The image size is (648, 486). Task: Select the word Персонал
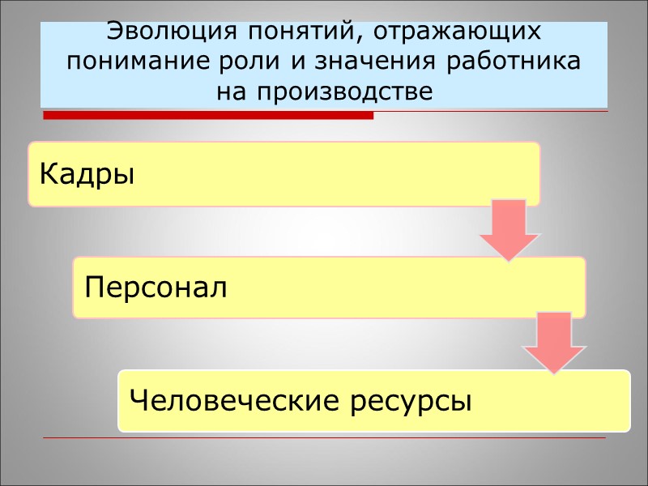click(155, 288)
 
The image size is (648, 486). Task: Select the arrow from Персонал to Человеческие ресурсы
click(554, 344)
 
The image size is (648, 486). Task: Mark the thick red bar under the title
click(208, 116)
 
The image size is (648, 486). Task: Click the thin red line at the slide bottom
click(324, 438)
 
